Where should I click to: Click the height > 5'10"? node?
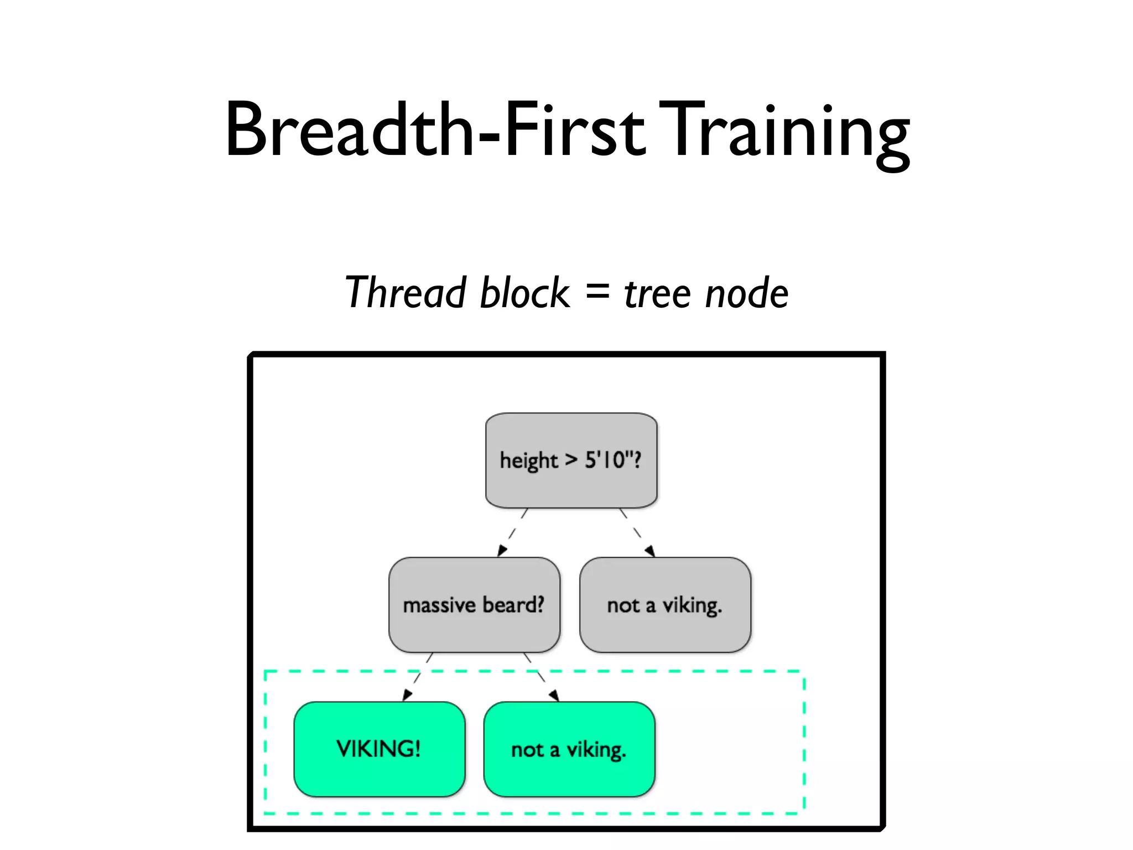571,460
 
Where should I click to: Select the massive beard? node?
474,605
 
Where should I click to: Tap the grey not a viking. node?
665,605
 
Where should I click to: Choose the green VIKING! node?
379,749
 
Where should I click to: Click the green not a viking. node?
569,749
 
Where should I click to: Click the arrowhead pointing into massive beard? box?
502,550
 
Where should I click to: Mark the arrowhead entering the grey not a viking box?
650,551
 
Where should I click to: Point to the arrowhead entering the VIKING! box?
408,695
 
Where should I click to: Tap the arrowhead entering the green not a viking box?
554,696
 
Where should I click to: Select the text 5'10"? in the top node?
613,460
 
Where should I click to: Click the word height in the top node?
529,461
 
